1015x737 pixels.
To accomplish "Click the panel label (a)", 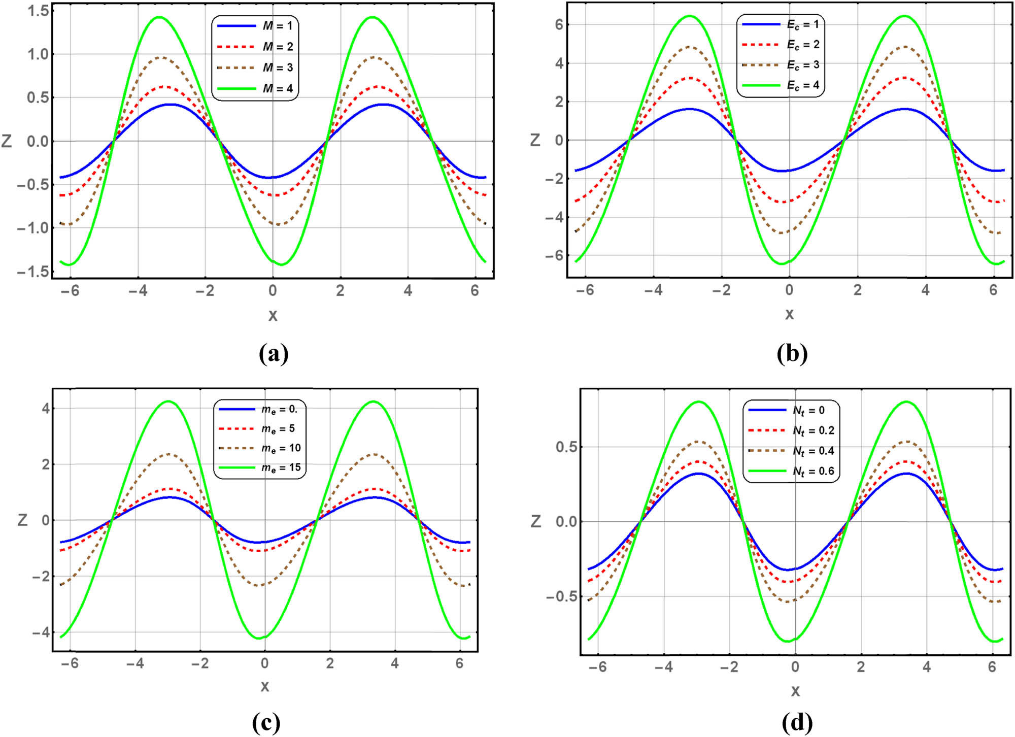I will tap(274, 354).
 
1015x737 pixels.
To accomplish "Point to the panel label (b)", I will tap(792, 354).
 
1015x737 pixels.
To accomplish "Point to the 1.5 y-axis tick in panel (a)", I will tap(38, 11).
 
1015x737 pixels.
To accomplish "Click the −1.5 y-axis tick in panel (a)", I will tap(33, 272).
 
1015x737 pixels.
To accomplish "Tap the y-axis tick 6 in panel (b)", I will tap(559, 24).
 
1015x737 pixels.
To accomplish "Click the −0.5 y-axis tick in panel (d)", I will tap(562, 597).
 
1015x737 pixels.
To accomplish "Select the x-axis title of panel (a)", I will tap(273, 316).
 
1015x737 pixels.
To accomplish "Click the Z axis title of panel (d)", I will tap(536, 521).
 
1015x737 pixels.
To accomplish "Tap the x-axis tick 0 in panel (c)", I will tap(264, 663).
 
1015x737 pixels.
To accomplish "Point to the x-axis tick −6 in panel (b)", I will tap(585, 290).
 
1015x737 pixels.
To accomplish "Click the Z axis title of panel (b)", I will tap(535, 140).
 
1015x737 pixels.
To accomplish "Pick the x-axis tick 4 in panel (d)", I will tap(927, 667).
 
